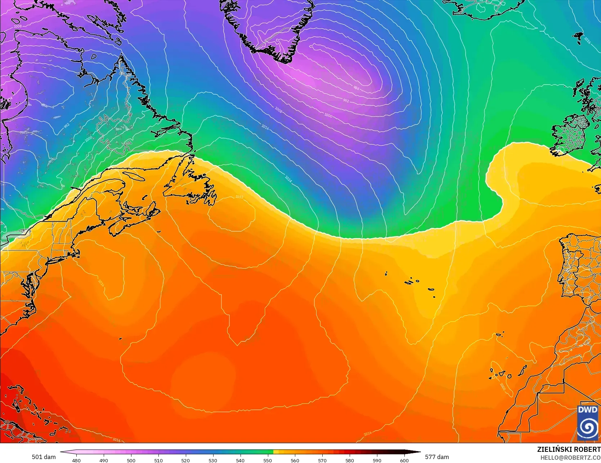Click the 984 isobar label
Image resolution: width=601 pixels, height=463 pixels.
click(x=356, y=88)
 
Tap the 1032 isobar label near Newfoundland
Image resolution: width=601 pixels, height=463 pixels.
click(x=239, y=197)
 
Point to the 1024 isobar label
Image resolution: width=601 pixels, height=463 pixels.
click(x=288, y=179)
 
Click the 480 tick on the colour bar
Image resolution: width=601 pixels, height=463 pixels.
click(x=76, y=460)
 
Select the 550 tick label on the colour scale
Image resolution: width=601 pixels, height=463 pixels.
click(x=267, y=460)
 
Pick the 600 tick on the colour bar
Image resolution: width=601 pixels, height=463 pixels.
click(x=404, y=460)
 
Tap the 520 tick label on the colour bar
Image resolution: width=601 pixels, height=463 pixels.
click(x=185, y=460)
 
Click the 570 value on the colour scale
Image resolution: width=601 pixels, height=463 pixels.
click(x=322, y=460)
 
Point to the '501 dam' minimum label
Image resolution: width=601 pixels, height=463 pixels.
click(x=44, y=457)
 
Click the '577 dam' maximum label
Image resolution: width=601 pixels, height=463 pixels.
click(x=437, y=457)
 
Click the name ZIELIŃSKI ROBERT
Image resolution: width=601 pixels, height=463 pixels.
click(x=569, y=449)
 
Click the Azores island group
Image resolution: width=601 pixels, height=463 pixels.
click(x=414, y=282)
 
